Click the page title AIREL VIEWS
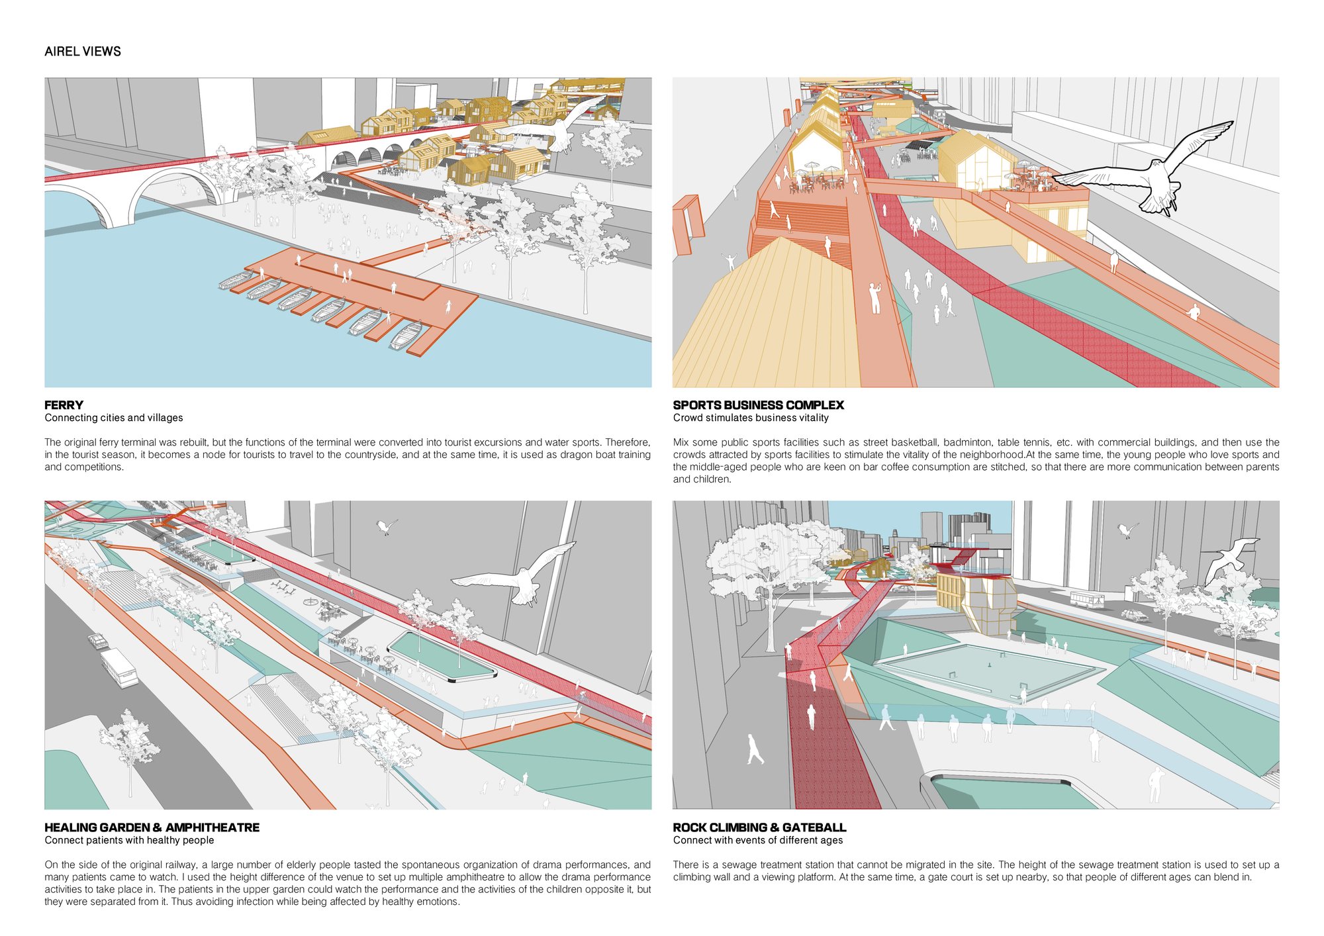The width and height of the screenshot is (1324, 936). [83, 52]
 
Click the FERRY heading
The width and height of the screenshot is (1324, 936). [64, 405]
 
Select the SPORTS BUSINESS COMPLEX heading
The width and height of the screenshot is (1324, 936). [759, 405]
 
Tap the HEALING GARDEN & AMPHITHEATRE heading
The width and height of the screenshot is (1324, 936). [152, 827]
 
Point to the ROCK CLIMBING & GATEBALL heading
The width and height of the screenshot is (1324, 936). [759, 827]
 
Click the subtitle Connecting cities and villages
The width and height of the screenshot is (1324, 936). [114, 418]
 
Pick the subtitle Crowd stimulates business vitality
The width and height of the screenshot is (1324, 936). [751, 418]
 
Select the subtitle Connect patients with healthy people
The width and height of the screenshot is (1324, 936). [130, 840]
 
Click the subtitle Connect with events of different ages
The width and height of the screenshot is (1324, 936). [758, 840]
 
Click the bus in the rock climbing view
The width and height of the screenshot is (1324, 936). [1087, 600]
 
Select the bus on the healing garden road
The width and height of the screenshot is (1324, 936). [120, 667]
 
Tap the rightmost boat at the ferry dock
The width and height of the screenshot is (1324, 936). [406, 335]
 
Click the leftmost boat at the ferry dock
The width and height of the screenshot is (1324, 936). [235, 281]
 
